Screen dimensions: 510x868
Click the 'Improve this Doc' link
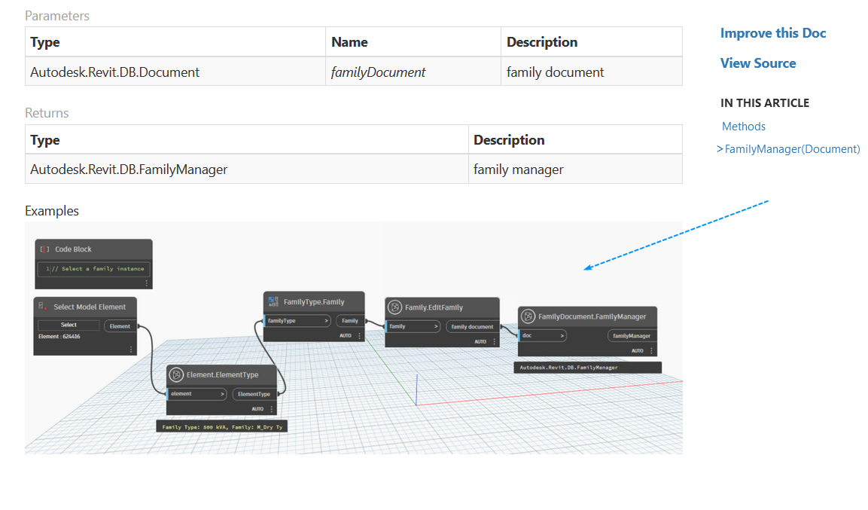click(x=772, y=33)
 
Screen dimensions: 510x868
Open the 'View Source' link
click(x=757, y=63)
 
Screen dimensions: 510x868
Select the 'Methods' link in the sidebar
click(x=743, y=127)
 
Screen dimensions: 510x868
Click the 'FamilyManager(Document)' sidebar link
click(x=792, y=149)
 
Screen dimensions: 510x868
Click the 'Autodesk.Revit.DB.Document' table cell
click(x=114, y=72)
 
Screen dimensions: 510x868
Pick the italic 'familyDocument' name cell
click(x=378, y=72)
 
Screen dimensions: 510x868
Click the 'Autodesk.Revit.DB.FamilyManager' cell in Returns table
click(x=129, y=169)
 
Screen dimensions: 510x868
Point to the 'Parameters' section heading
click(x=57, y=16)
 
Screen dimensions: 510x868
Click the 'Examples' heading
click(x=52, y=211)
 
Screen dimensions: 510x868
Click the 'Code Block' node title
click(x=73, y=249)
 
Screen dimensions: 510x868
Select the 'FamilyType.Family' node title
click(x=314, y=302)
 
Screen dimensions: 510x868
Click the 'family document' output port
click(x=472, y=327)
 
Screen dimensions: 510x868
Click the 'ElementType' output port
click(x=254, y=394)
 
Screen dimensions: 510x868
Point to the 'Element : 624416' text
click(x=59, y=337)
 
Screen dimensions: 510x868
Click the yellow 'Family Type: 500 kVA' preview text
click(x=222, y=426)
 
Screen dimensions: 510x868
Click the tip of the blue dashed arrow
click(x=585, y=269)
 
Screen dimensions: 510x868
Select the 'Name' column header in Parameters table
click(x=349, y=42)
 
